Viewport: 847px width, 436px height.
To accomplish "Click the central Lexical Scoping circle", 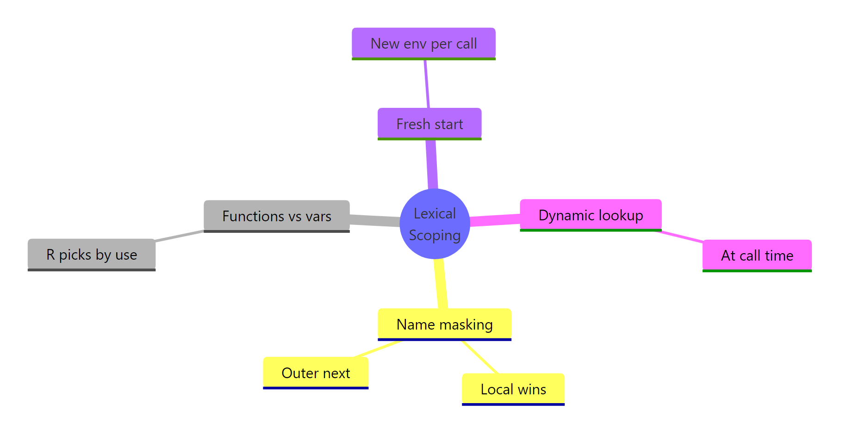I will [x=435, y=224].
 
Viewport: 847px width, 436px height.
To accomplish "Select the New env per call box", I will [x=423, y=44].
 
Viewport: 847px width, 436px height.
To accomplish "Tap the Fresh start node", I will [x=430, y=124].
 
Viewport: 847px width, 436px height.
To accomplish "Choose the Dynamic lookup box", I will [x=591, y=215].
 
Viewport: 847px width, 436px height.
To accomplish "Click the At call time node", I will [x=757, y=255].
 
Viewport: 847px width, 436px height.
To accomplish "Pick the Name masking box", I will [x=444, y=324].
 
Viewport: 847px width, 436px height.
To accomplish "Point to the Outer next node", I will [x=316, y=373].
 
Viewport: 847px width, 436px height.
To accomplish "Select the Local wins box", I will [x=513, y=389].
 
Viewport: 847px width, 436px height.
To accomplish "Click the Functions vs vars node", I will [x=276, y=216].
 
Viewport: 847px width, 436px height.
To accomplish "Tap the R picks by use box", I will [x=92, y=254].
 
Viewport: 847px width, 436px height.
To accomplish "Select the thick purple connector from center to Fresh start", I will [x=432, y=164].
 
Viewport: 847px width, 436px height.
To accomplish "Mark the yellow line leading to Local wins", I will [x=480, y=357].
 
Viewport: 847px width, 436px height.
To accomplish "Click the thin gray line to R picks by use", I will [x=180, y=236].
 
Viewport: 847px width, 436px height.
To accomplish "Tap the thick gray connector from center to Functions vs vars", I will [x=375, y=220].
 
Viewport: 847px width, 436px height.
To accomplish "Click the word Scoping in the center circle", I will [x=435, y=235].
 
